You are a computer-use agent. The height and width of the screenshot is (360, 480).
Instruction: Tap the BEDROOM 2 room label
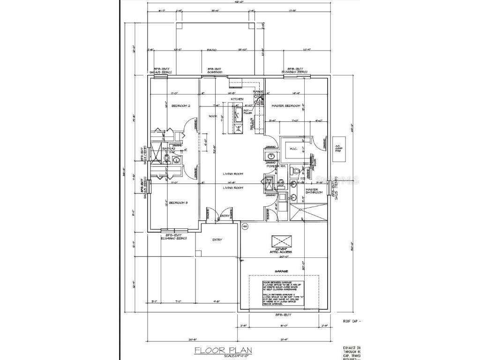click(x=180, y=106)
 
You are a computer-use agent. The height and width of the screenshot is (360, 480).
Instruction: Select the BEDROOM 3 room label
click(x=179, y=202)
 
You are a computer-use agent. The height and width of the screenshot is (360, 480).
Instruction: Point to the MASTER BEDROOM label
click(x=285, y=106)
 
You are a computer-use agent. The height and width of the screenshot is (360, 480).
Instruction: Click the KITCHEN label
click(x=237, y=99)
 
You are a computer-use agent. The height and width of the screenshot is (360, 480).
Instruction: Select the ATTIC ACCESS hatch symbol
click(x=284, y=241)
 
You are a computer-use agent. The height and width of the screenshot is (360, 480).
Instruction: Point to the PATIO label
click(x=212, y=49)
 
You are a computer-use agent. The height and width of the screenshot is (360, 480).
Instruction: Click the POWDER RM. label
click(x=277, y=166)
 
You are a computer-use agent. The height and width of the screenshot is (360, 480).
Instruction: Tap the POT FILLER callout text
click(x=242, y=112)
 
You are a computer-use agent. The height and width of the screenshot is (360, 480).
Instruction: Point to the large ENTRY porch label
click(x=217, y=240)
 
